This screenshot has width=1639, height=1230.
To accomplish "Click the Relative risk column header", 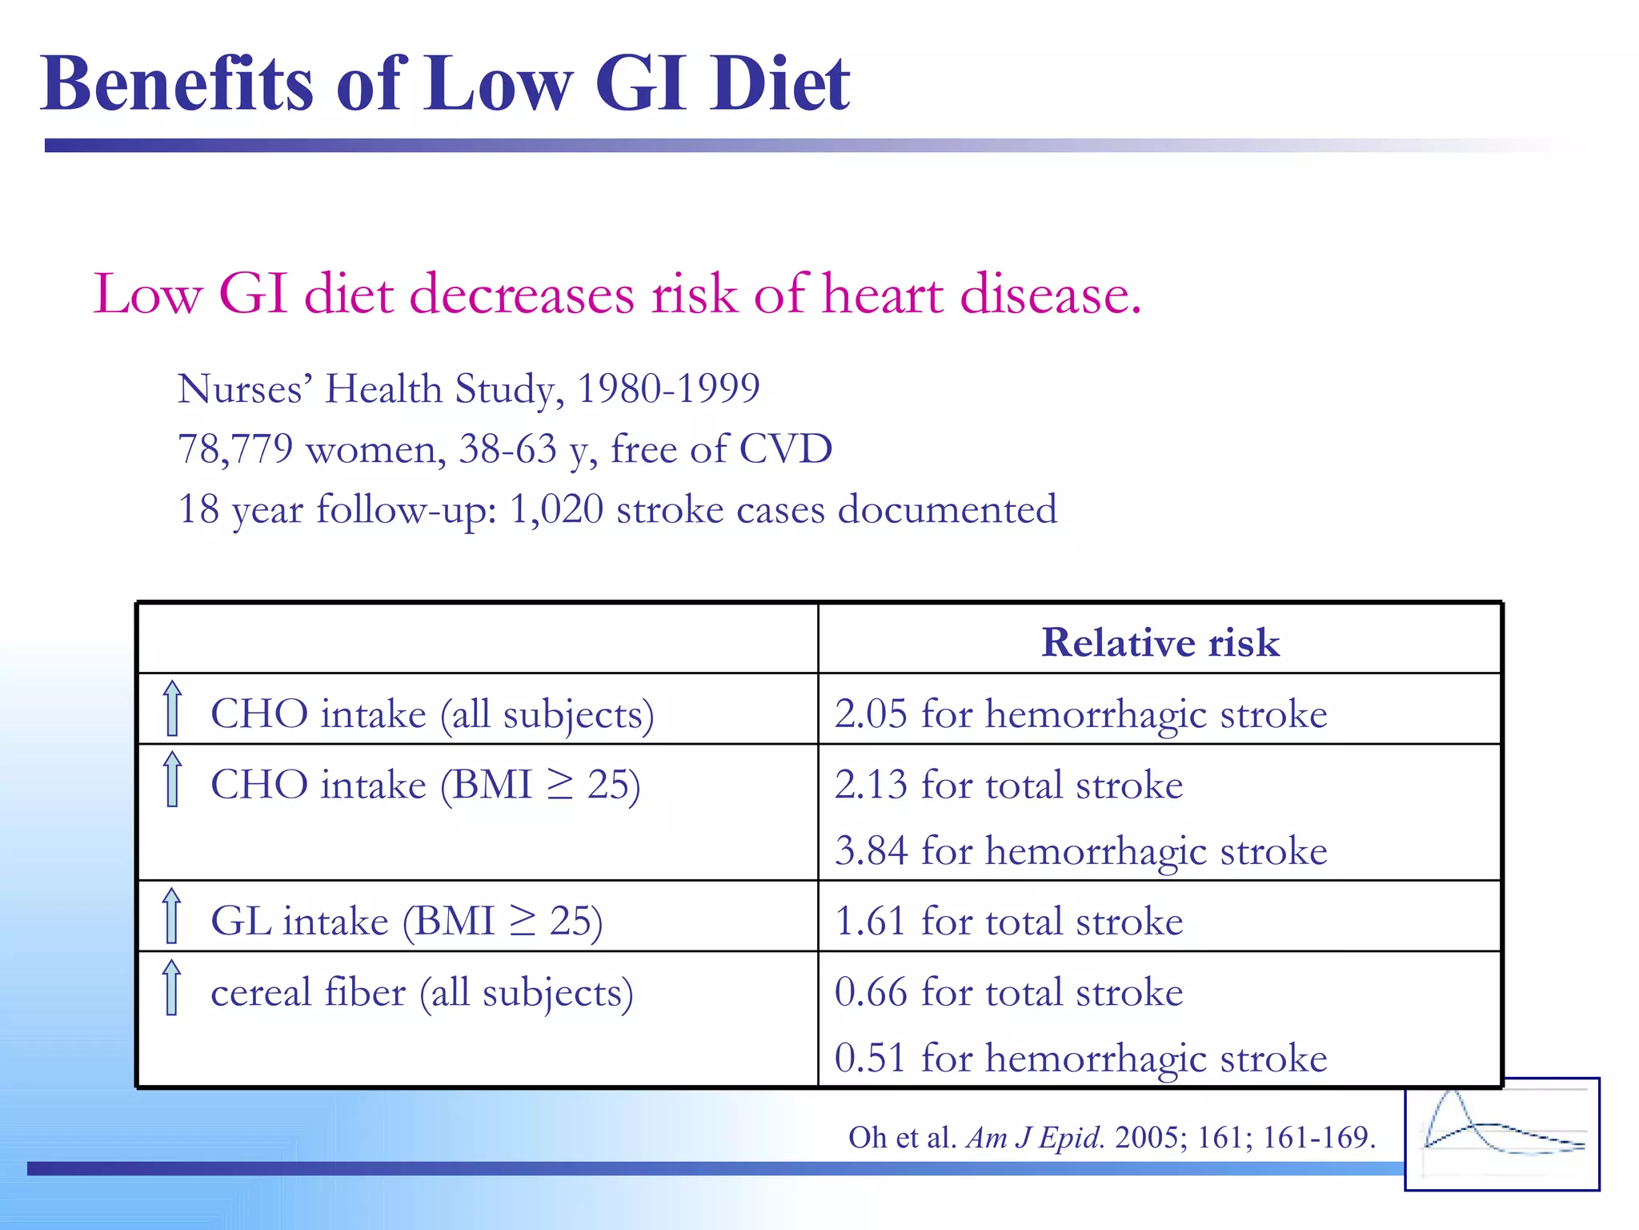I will [1160, 642].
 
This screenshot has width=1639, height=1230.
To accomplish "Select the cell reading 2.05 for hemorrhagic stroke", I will [1080, 713].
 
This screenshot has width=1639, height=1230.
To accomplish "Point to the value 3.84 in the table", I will [871, 850].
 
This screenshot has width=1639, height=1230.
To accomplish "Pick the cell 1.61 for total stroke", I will [1008, 921].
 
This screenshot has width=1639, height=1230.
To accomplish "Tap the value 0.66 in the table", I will [871, 992].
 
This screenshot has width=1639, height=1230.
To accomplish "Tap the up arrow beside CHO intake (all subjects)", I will [172, 709].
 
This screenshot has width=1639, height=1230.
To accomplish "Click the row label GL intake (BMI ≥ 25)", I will [407, 921].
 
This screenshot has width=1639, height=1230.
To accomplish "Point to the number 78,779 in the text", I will [235, 448].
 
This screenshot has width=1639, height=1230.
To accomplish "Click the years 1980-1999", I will [668, 389].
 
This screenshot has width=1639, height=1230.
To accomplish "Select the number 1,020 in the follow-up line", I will [556, 509].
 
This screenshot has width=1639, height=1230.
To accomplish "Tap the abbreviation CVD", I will [785, 448].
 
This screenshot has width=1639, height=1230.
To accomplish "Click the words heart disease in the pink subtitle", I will [980, 294].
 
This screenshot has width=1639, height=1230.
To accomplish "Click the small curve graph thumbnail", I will [1501, 1134].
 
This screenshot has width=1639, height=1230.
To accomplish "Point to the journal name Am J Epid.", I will [1035, 1137].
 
